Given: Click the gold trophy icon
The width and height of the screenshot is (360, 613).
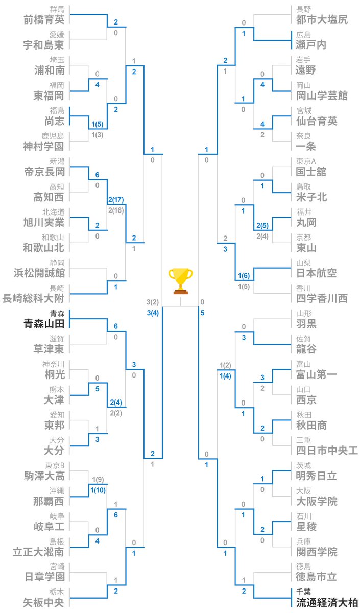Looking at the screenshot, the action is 180,281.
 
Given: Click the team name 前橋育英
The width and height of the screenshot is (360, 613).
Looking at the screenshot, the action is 44,20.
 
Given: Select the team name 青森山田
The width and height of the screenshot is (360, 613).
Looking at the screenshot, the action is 44,324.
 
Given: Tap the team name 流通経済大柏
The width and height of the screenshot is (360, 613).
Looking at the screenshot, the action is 327,602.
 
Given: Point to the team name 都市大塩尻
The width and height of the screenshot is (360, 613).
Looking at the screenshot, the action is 322,20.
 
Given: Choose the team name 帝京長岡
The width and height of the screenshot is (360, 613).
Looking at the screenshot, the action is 44,172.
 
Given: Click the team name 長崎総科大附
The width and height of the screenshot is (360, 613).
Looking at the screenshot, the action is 33,298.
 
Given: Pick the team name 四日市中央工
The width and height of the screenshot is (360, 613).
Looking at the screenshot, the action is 327,451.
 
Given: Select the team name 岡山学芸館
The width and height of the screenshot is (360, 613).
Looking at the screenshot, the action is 322,96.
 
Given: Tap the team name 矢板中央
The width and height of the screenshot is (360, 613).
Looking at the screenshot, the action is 43,602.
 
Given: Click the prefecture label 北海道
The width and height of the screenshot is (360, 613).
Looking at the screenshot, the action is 53,212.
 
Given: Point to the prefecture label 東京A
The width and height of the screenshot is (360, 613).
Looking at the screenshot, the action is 306,161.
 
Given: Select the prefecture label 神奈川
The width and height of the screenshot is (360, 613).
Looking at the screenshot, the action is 53,364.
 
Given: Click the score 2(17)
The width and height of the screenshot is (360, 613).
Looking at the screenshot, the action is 116,200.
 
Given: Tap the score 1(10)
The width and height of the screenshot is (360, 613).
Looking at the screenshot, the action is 98,490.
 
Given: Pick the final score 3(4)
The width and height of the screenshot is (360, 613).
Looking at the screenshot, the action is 153,313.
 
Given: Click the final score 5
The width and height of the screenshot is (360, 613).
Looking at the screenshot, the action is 202,313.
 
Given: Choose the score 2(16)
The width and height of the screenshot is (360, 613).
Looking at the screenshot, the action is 116,210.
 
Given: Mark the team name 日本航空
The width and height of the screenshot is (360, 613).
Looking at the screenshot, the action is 317,273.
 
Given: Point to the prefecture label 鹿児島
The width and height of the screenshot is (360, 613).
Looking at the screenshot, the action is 53,136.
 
